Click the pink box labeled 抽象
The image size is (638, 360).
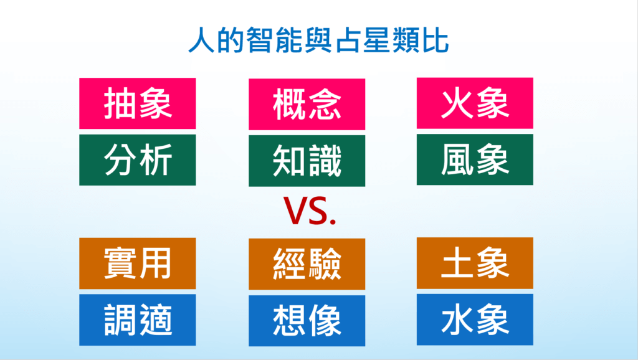[x=138, y=103]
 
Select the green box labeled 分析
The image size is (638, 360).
[x=138, y=160]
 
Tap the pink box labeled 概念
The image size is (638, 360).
[x=307, y=104]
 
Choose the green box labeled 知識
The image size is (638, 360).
[x=307, y=161]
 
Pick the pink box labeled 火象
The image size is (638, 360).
[x=475, y=103]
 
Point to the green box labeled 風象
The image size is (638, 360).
[x=475, y=159]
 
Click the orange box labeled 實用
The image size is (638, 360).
[x=138, y=263]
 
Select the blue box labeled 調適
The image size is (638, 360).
[x=138, y=320]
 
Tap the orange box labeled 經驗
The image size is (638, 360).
[x=307, y=264]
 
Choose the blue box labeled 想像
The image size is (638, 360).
[x=307, y=321]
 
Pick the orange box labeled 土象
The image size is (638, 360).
[x=475, y=263]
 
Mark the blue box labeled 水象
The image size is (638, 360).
[x=475, y=320]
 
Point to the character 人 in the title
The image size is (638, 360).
[x=201, y=40]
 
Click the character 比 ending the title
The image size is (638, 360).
[x=436, y=40]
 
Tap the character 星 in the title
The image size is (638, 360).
[x=377, y=40]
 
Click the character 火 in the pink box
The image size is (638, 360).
[x=458, y=104]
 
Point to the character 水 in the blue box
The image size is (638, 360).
[x=458, y=320]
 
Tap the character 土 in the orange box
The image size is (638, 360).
[x=458, y=263]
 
